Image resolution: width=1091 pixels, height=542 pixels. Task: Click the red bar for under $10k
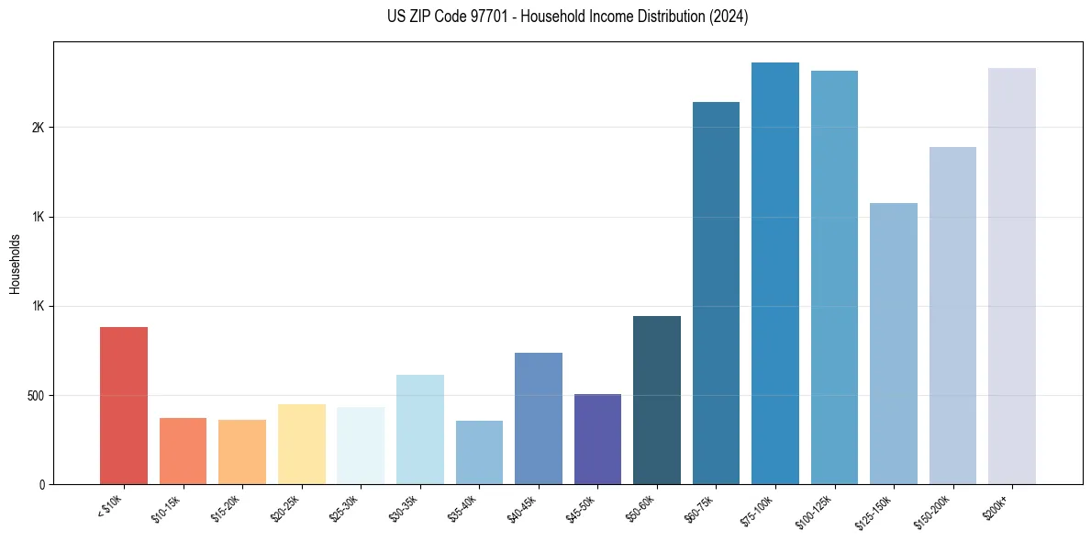point(124,405)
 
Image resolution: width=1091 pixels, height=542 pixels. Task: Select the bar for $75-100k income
point(775,273)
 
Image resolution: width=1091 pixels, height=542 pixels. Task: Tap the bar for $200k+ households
point(1012,276)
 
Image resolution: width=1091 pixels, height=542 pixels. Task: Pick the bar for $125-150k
point(894,344)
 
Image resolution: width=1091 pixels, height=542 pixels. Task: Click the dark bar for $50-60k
point(657,400)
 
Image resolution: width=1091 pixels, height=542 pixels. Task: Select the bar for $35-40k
point(479,452)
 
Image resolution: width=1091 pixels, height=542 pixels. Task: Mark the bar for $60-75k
point(716,293)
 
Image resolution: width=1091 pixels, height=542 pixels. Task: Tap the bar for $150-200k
point(952,315)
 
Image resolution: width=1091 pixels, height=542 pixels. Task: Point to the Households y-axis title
point(15,264)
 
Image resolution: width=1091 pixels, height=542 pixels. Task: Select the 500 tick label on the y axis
point(36,396)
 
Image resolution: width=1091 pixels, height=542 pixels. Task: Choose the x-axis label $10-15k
point(166,508)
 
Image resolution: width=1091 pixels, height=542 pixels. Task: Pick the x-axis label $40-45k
point(522,508)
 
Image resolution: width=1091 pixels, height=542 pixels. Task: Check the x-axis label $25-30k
point(344,508)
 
